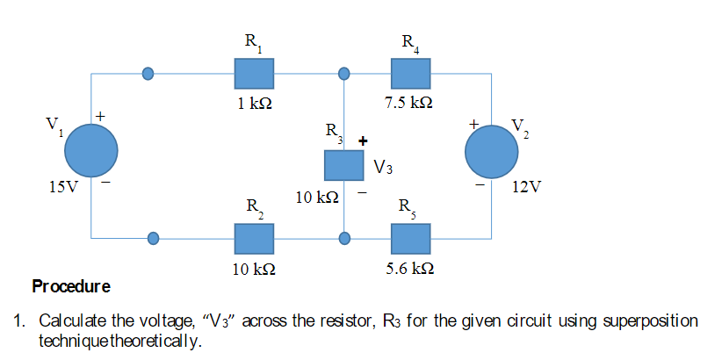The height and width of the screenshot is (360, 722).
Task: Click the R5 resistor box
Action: [x=410, y=237]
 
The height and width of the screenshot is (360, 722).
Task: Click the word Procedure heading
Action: [x=71, y=286]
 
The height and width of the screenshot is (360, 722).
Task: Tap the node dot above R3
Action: [x=344, y=74]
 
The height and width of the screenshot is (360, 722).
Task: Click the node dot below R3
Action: [x=344, y=237]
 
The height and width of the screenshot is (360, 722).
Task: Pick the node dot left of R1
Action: [x=148, y=74]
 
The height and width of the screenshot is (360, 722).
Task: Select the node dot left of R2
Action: [x=154, y=237]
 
